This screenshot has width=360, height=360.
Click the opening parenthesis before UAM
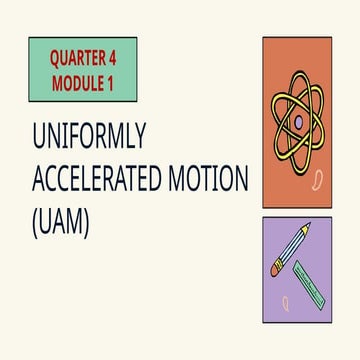[x=35, y=223]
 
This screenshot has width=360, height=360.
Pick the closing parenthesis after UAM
[x=87, y=223]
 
